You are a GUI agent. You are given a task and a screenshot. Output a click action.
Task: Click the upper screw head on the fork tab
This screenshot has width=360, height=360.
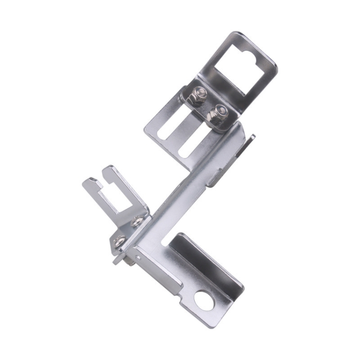click(x=138, y=220)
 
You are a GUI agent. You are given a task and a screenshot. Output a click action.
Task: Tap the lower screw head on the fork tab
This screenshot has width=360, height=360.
click(x=120, y=240)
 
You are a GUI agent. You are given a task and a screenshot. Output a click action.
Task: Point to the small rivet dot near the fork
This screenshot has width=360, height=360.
click(x=138, y=256)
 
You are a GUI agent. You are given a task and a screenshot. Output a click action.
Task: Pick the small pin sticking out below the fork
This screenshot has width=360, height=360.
click(x=118, y=260)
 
